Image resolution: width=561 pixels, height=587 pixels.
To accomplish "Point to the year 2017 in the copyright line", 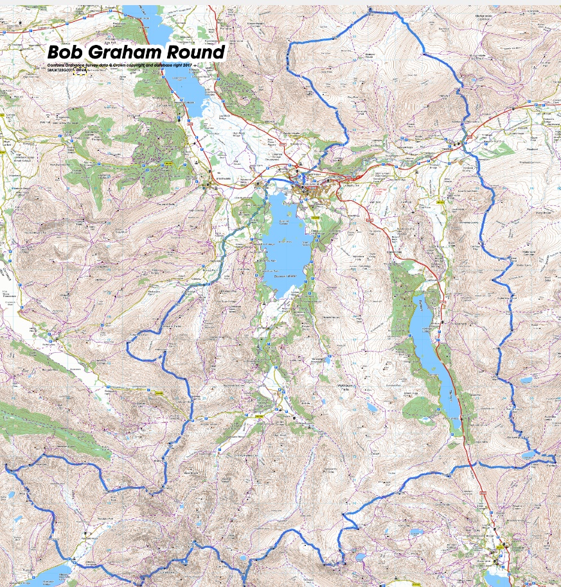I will tap(187, 66).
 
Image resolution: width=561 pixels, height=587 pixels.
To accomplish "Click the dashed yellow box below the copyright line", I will tap(80, 72).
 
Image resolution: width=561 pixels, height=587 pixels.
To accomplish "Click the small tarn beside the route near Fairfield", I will tap(528, 454).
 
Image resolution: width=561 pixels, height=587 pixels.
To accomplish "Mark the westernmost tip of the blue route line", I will tap(6, 466).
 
